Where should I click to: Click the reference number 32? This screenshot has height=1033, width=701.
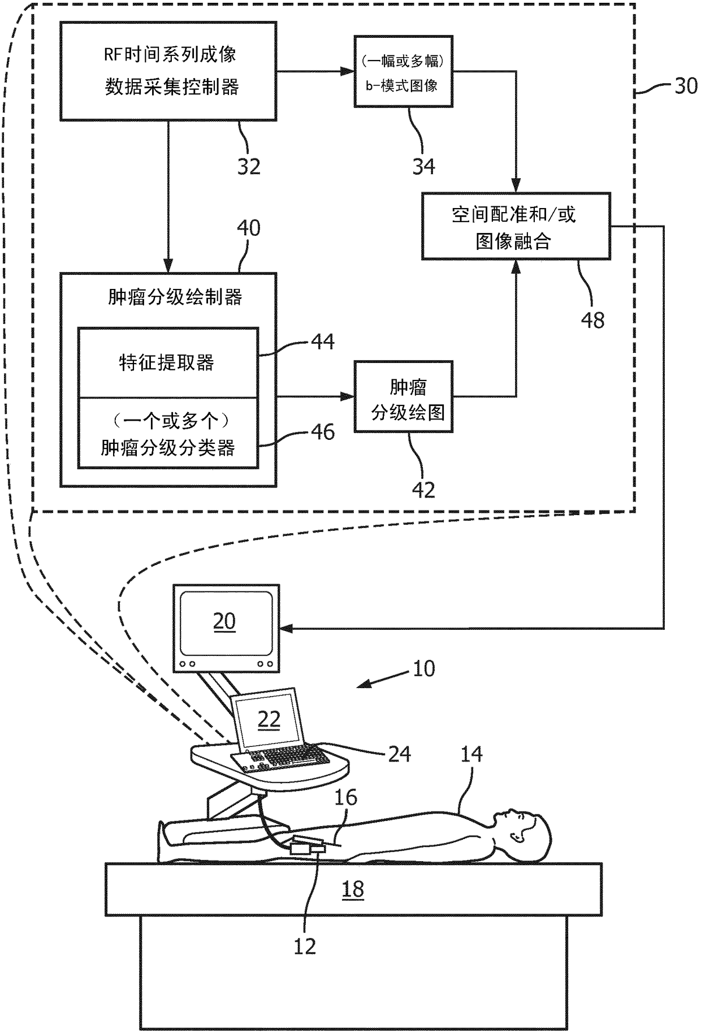click(249, 166)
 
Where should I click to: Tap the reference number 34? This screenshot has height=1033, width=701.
click(423, 166)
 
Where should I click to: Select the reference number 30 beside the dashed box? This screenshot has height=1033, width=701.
click(685, 86)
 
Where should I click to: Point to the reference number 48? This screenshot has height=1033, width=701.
click(592, 320)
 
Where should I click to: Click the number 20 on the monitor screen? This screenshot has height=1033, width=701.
click(224, 621)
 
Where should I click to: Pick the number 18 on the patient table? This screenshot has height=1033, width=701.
click(353, 889)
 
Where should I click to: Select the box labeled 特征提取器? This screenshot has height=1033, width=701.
click(168, 362)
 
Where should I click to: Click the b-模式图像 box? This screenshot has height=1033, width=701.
click(404, 71)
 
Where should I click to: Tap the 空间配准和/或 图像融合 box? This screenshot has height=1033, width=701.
click(516, 226)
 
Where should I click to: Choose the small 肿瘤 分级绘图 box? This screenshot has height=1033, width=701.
click(404, 397)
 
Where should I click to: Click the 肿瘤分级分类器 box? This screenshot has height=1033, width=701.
click(168, 433)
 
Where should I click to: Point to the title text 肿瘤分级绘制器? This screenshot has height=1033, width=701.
click(175, 297)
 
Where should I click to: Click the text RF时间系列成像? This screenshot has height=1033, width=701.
click(170, 55)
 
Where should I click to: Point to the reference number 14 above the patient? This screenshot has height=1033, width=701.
click(471, 754)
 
